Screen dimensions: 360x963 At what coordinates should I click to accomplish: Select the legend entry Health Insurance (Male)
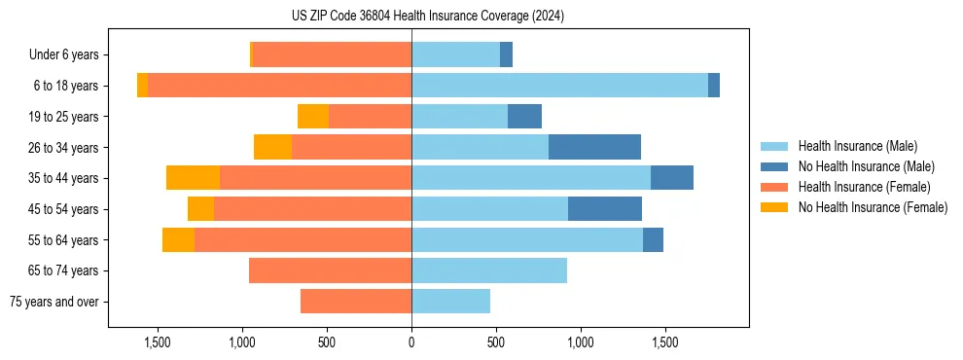856,146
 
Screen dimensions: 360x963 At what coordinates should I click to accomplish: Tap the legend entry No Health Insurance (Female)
873,207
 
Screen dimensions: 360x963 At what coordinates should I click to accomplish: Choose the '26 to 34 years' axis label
65,148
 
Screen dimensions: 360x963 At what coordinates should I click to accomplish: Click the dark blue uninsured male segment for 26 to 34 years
594,147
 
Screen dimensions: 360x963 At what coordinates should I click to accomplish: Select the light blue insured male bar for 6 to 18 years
559,86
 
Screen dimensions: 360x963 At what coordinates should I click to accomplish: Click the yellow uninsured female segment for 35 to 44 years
193,178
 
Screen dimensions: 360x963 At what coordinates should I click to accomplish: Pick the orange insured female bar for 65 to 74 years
330,270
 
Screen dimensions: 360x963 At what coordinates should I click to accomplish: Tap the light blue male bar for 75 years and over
450,302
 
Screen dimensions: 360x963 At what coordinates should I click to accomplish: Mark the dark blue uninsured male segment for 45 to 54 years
605,209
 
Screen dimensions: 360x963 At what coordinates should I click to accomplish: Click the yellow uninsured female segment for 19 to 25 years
313,117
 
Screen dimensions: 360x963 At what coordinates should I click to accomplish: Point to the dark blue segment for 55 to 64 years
653,239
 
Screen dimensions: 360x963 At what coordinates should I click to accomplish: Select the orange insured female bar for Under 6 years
332,54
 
